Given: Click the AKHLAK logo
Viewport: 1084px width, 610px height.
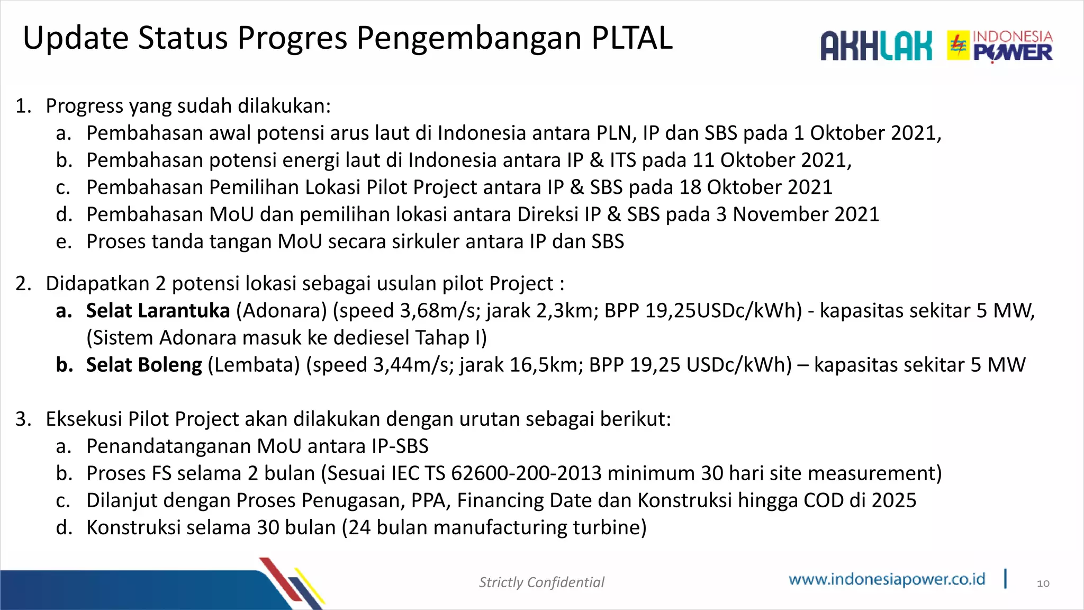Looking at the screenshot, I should [x=876, y=46].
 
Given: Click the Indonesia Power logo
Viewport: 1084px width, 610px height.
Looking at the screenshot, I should [x=1000, y=46].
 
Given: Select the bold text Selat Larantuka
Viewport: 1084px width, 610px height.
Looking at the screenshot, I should [x=158, y=311].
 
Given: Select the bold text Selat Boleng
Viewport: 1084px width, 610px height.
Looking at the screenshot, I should [x=144, y=365].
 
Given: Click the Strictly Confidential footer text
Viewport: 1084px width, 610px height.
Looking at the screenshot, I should [x=541, y=582].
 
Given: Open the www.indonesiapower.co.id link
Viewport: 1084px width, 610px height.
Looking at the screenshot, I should [x=887, y=579].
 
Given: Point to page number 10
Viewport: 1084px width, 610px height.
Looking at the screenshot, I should [x=1043, y=584].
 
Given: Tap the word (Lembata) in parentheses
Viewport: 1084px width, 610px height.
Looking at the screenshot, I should [x=254, y=365].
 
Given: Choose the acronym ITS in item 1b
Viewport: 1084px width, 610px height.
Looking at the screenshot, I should [x=622, y=160].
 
